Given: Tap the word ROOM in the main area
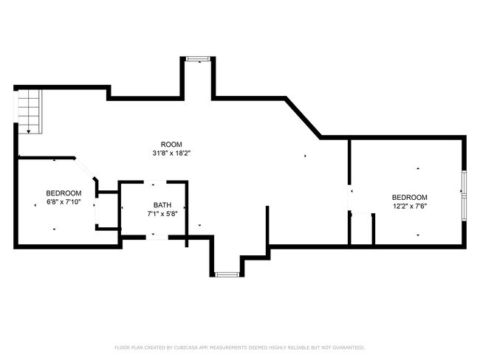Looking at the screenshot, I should pyautogui.click(x=171, y=144).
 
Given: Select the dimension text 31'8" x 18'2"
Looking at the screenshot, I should pyautogui.click(x=171, y=153).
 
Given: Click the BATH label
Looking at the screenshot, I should pyautogui.click(x=162, y=204).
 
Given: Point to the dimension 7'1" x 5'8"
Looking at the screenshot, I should pyautogui.click(x=162, y=213).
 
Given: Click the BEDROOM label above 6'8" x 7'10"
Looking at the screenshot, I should pyautogui.click(x=64, y=193).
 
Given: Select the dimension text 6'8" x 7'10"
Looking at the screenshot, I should pyautogui.click(x=64, y=201).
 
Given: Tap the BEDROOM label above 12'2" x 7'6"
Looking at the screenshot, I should pyautogui.click(x=409, y=197).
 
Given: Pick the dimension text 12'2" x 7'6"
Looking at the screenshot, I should pyautogui.click(x=409, y=207).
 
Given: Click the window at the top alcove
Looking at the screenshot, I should pyautogui.click(x=198, y=58).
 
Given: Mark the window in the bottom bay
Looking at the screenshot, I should pyautogui.click(x=227, y=274).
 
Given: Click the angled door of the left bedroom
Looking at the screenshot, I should pyautogui.click(x=85, y=168).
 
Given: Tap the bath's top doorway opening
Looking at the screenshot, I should pyautogui.click(x=154, y=181).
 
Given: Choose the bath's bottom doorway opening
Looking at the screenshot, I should pyautogui.click(x=154, y=235).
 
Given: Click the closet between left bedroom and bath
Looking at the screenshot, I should pyautogui.click(x=106, y=211).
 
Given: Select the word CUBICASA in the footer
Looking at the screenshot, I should pyautogui.click(x=191, y=347).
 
